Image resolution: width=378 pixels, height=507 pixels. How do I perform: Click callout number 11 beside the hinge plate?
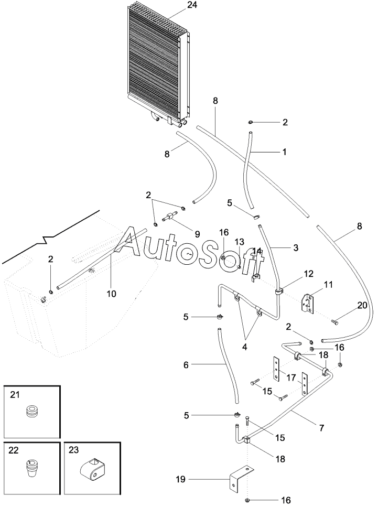pyautogui.click(x=329, y=285)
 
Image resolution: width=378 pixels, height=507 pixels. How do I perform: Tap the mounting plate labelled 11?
pyautogui.click(x=308, y=304)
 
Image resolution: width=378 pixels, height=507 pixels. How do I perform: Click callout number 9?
pyautogui.click(x=197, y=234)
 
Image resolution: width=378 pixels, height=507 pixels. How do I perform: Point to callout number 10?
pyautogui.click(x=111, y=294)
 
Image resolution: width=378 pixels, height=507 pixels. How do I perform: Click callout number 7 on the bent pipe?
pyautogui.click(x=321, y=427)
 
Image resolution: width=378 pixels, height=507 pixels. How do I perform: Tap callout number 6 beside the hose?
pyautogui.click(x=186, y=365)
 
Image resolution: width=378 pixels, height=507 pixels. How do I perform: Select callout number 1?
pyautogui.click(x=284, y=152)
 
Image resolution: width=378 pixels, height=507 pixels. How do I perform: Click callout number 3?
pyautogui.click(x=295, y=247)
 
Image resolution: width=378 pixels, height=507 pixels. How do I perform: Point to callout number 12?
pyautogui.click(x=308, y=274)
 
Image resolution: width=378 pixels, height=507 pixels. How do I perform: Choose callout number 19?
pyautogui.click(x=180, y=479)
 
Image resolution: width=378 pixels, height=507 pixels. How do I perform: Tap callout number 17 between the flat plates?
pyautogui.click(x=291, y=377)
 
